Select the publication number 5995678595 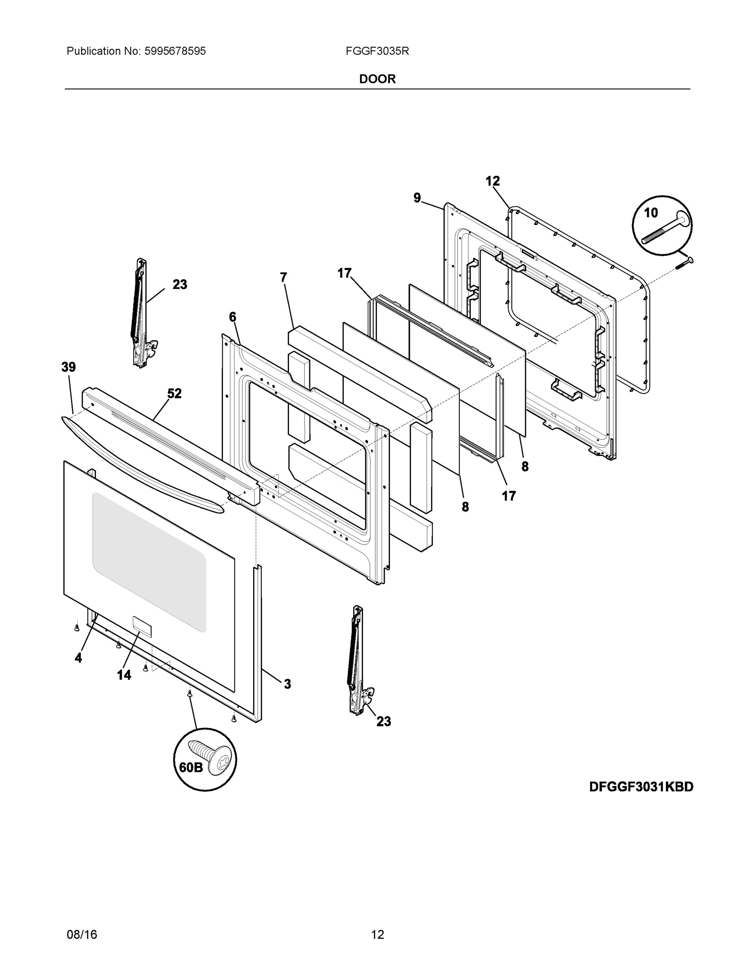pos(175,51)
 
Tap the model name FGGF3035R pos(377,51)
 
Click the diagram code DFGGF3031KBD pos(641,787)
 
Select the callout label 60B pos(191,768)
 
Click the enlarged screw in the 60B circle pos(211,757)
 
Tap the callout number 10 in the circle pos(651,213)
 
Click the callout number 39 pos(68,367)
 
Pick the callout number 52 pos(175,394)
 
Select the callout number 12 pos(492,181)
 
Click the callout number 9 pos(417,198)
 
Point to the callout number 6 pos(232,317)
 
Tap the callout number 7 pos(283,277)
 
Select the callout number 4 pos(78,657)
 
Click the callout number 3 pos(287,684)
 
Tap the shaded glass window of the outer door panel pos(149,561)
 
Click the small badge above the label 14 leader pos(142,626)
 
